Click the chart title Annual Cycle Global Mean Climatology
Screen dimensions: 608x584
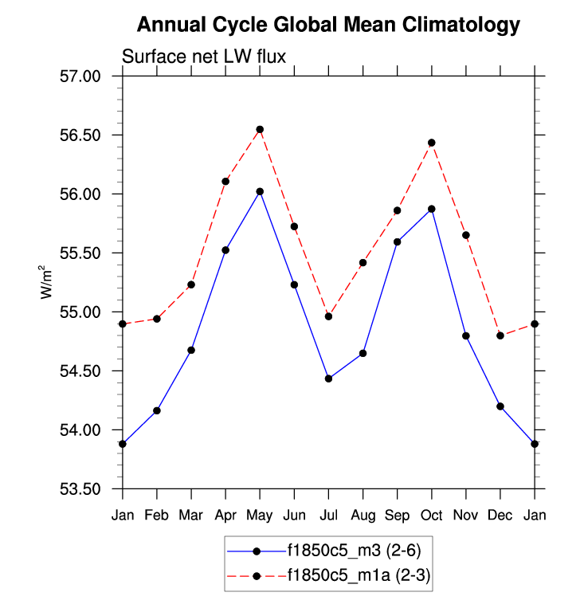point(328,25)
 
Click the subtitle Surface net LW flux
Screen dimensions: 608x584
point(203,55)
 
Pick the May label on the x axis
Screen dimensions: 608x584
point(260,516)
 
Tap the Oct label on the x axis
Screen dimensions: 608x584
point(432,516)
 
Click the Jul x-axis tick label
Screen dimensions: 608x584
point(328,516)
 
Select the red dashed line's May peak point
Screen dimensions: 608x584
point(260,129)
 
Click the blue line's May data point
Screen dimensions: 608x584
point(260,191)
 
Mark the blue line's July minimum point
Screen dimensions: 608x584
point(328,379)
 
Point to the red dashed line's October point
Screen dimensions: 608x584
point(432,143)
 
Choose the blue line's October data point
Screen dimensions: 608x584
point(432,209)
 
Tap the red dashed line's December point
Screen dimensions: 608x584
point(500,335)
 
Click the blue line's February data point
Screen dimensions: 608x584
point(157,410)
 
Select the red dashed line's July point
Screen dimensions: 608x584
point(328,316)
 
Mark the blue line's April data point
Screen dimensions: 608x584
point(225,250)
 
